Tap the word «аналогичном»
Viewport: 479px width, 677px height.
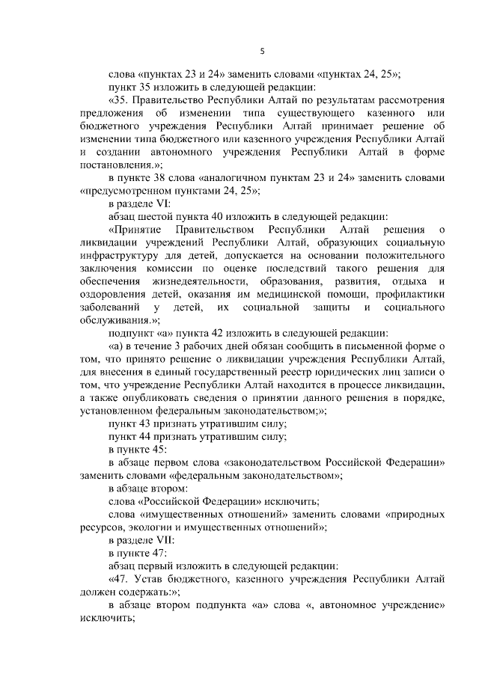coord(245,179)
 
